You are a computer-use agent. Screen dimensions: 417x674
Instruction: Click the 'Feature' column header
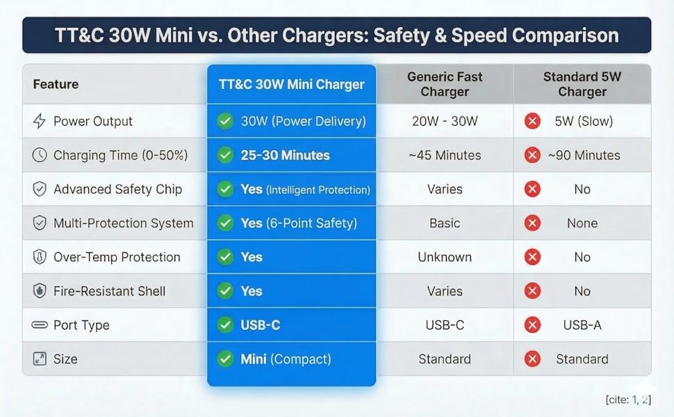[56, 84]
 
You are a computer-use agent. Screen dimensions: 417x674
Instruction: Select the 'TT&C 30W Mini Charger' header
[291, 84]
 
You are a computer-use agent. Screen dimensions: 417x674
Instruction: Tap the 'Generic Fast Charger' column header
[445, 84]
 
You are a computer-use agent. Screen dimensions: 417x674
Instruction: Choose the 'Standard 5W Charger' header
[582, 84]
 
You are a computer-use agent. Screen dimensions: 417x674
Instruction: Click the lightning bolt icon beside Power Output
[40, 121]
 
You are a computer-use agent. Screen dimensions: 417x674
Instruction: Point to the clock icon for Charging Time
[40, 155]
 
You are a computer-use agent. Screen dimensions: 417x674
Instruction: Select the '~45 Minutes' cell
[445, 155]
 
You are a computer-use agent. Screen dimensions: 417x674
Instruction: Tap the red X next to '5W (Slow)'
[532, 121]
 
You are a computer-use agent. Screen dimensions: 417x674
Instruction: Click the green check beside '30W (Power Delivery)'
[224, 121]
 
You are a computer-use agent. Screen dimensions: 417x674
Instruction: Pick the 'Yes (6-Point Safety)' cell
[299, 223]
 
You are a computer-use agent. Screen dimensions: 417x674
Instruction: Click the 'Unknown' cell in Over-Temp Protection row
[445, 257]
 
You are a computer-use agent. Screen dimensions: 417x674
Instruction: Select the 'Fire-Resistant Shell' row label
[110, 291]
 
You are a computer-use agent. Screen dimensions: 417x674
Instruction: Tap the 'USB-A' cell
[582, 325]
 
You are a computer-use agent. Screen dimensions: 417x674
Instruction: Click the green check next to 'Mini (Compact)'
[224, 359]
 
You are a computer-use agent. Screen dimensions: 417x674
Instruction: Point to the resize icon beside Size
[40, 359]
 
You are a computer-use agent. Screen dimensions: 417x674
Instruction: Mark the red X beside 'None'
[532, 223]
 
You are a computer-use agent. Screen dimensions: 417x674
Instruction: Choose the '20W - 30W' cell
[445, 121]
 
